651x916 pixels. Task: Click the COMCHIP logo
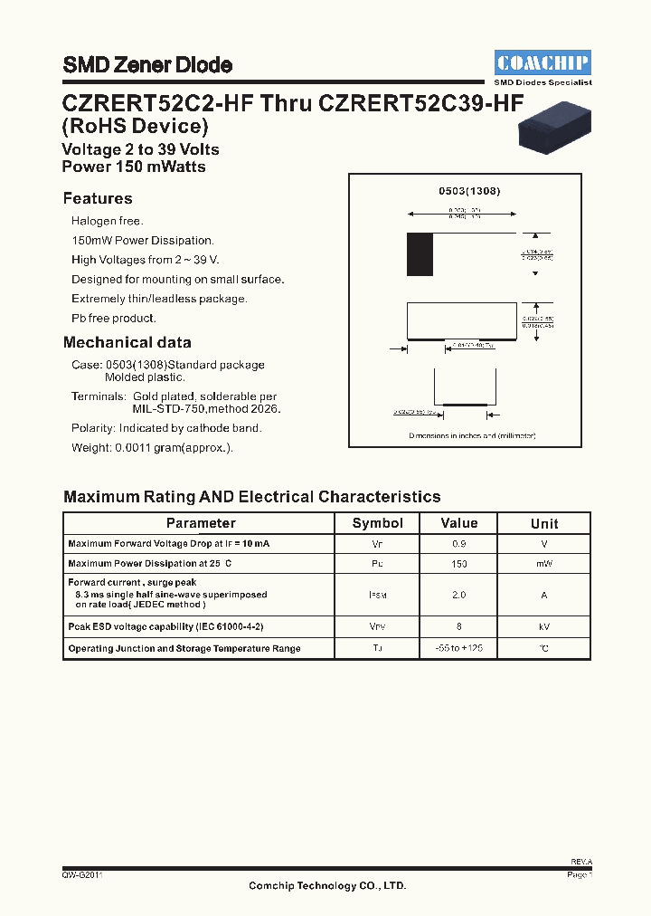pyautogui.click(x=542, y=62)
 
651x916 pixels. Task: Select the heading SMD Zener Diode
pyautogui.click(x=147, y=65)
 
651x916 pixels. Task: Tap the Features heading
pyautogui.click(x=98, y=199)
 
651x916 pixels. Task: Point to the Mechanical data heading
pyautogui.click(x=127, y=343)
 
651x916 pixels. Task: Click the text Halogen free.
pyautogui.click(x=108, y=221)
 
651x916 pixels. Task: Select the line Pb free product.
pyautogui.click(x=114, y=319)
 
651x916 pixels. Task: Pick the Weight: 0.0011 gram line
pyautogui.click(x=152, y=448)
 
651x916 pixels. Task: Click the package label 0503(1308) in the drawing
pyautogui.click(x=469, y=192)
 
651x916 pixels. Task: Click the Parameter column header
pyautogui.click(x=201, y=523)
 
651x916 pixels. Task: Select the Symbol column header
pyautogui.click(x=378, y=523)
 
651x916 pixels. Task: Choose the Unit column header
pyautogui.click(x=544, y=523)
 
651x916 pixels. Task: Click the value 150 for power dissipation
pyautogui.click(x=459, y=564)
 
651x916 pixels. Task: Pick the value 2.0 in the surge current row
pyautogui.click(x=459, y=596)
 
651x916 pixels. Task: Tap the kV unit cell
pyautogui.click(x=544, y=626)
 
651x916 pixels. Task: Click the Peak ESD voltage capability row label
pyautogui.click(x=165, y=626)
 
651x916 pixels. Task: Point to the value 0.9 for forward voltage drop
pyautogui.click(x=459, y=544)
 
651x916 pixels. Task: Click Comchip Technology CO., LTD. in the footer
pyautogui.click(x=327, y=886)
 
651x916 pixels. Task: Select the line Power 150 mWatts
pyautogui.click(x=134, y=167)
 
